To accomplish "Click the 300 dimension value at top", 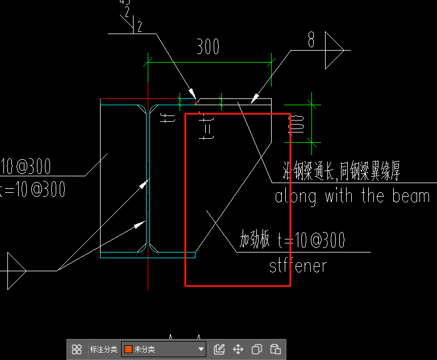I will (x=208, y=47).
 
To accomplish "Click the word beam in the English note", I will (x=410, y=196).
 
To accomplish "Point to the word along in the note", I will (x=297, y=196).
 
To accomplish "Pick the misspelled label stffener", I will (x=298, y=266).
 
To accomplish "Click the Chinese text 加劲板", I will (x=254, y=241).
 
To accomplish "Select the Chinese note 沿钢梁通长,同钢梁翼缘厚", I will (x=342, y=171).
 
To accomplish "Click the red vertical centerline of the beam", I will (x=148, y=171).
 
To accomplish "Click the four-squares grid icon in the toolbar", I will (x=77, y=349).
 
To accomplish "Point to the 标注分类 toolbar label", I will (x=103, y=349).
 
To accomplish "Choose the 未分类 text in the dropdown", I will (x=144, y=349).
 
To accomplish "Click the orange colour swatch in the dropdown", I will (x=128, y=349).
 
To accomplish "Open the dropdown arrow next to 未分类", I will (x=200, y=349).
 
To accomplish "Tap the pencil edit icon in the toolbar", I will (x=219, y=349).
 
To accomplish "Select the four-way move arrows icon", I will (x=238, y=349).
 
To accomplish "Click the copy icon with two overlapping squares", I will (x=257, y=349).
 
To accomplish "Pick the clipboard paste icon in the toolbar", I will (x=276, y=349).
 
